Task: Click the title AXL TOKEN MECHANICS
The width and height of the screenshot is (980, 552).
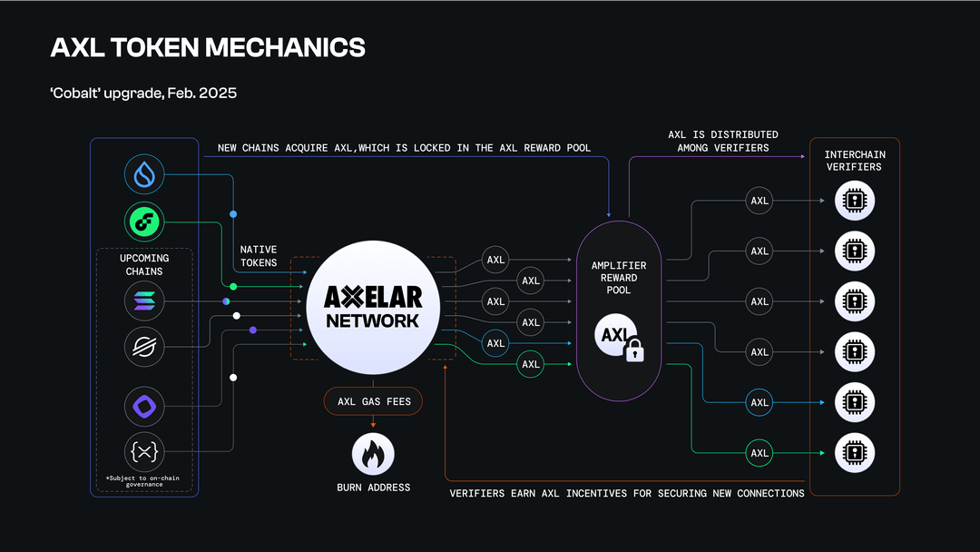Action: tap(208, 47)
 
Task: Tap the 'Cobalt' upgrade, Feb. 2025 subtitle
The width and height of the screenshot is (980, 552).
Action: tap(143, 94)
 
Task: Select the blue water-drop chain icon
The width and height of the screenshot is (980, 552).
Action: tap(144, 174)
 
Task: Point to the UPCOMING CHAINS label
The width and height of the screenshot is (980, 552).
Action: tap(144, 264)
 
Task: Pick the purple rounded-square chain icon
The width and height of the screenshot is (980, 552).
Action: tap(144, 405)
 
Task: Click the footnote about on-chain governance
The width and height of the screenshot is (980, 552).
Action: tap(144, 481)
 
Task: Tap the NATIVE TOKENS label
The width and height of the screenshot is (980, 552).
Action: tap(259, 255)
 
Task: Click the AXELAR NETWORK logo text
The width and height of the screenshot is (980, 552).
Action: tap(373, 308)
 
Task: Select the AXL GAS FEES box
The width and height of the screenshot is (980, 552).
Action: tap(373, 401)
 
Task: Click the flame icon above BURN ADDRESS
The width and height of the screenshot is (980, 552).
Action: tap(373, 453)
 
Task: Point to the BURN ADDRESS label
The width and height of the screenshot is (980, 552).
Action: tap(373, 488)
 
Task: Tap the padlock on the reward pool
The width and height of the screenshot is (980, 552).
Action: tap(634, 350)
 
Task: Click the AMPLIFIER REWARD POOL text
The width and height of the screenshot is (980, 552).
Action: tap(619, 279)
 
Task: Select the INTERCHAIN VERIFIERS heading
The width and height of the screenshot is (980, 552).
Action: tap(853, 161)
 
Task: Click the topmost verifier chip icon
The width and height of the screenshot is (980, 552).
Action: tap(854, 201)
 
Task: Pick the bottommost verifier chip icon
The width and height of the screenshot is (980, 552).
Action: tap(854, 452)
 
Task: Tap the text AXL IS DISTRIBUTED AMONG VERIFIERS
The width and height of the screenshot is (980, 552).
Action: tap(723, 141)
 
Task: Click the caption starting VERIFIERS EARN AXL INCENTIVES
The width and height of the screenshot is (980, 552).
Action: tap(627, 493)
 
